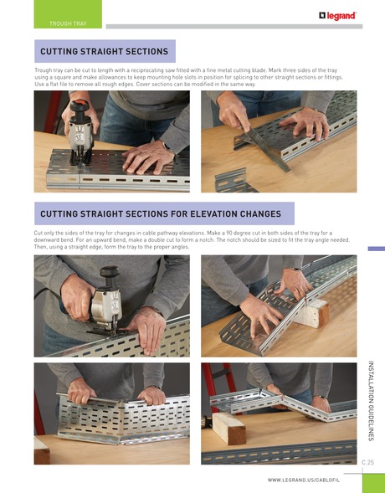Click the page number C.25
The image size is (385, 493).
point(367,462)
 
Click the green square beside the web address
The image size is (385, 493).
point(373,483)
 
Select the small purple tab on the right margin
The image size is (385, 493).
point(376,249)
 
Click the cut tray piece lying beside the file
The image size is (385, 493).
point(235,179)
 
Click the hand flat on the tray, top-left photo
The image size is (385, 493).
point(147,156)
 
